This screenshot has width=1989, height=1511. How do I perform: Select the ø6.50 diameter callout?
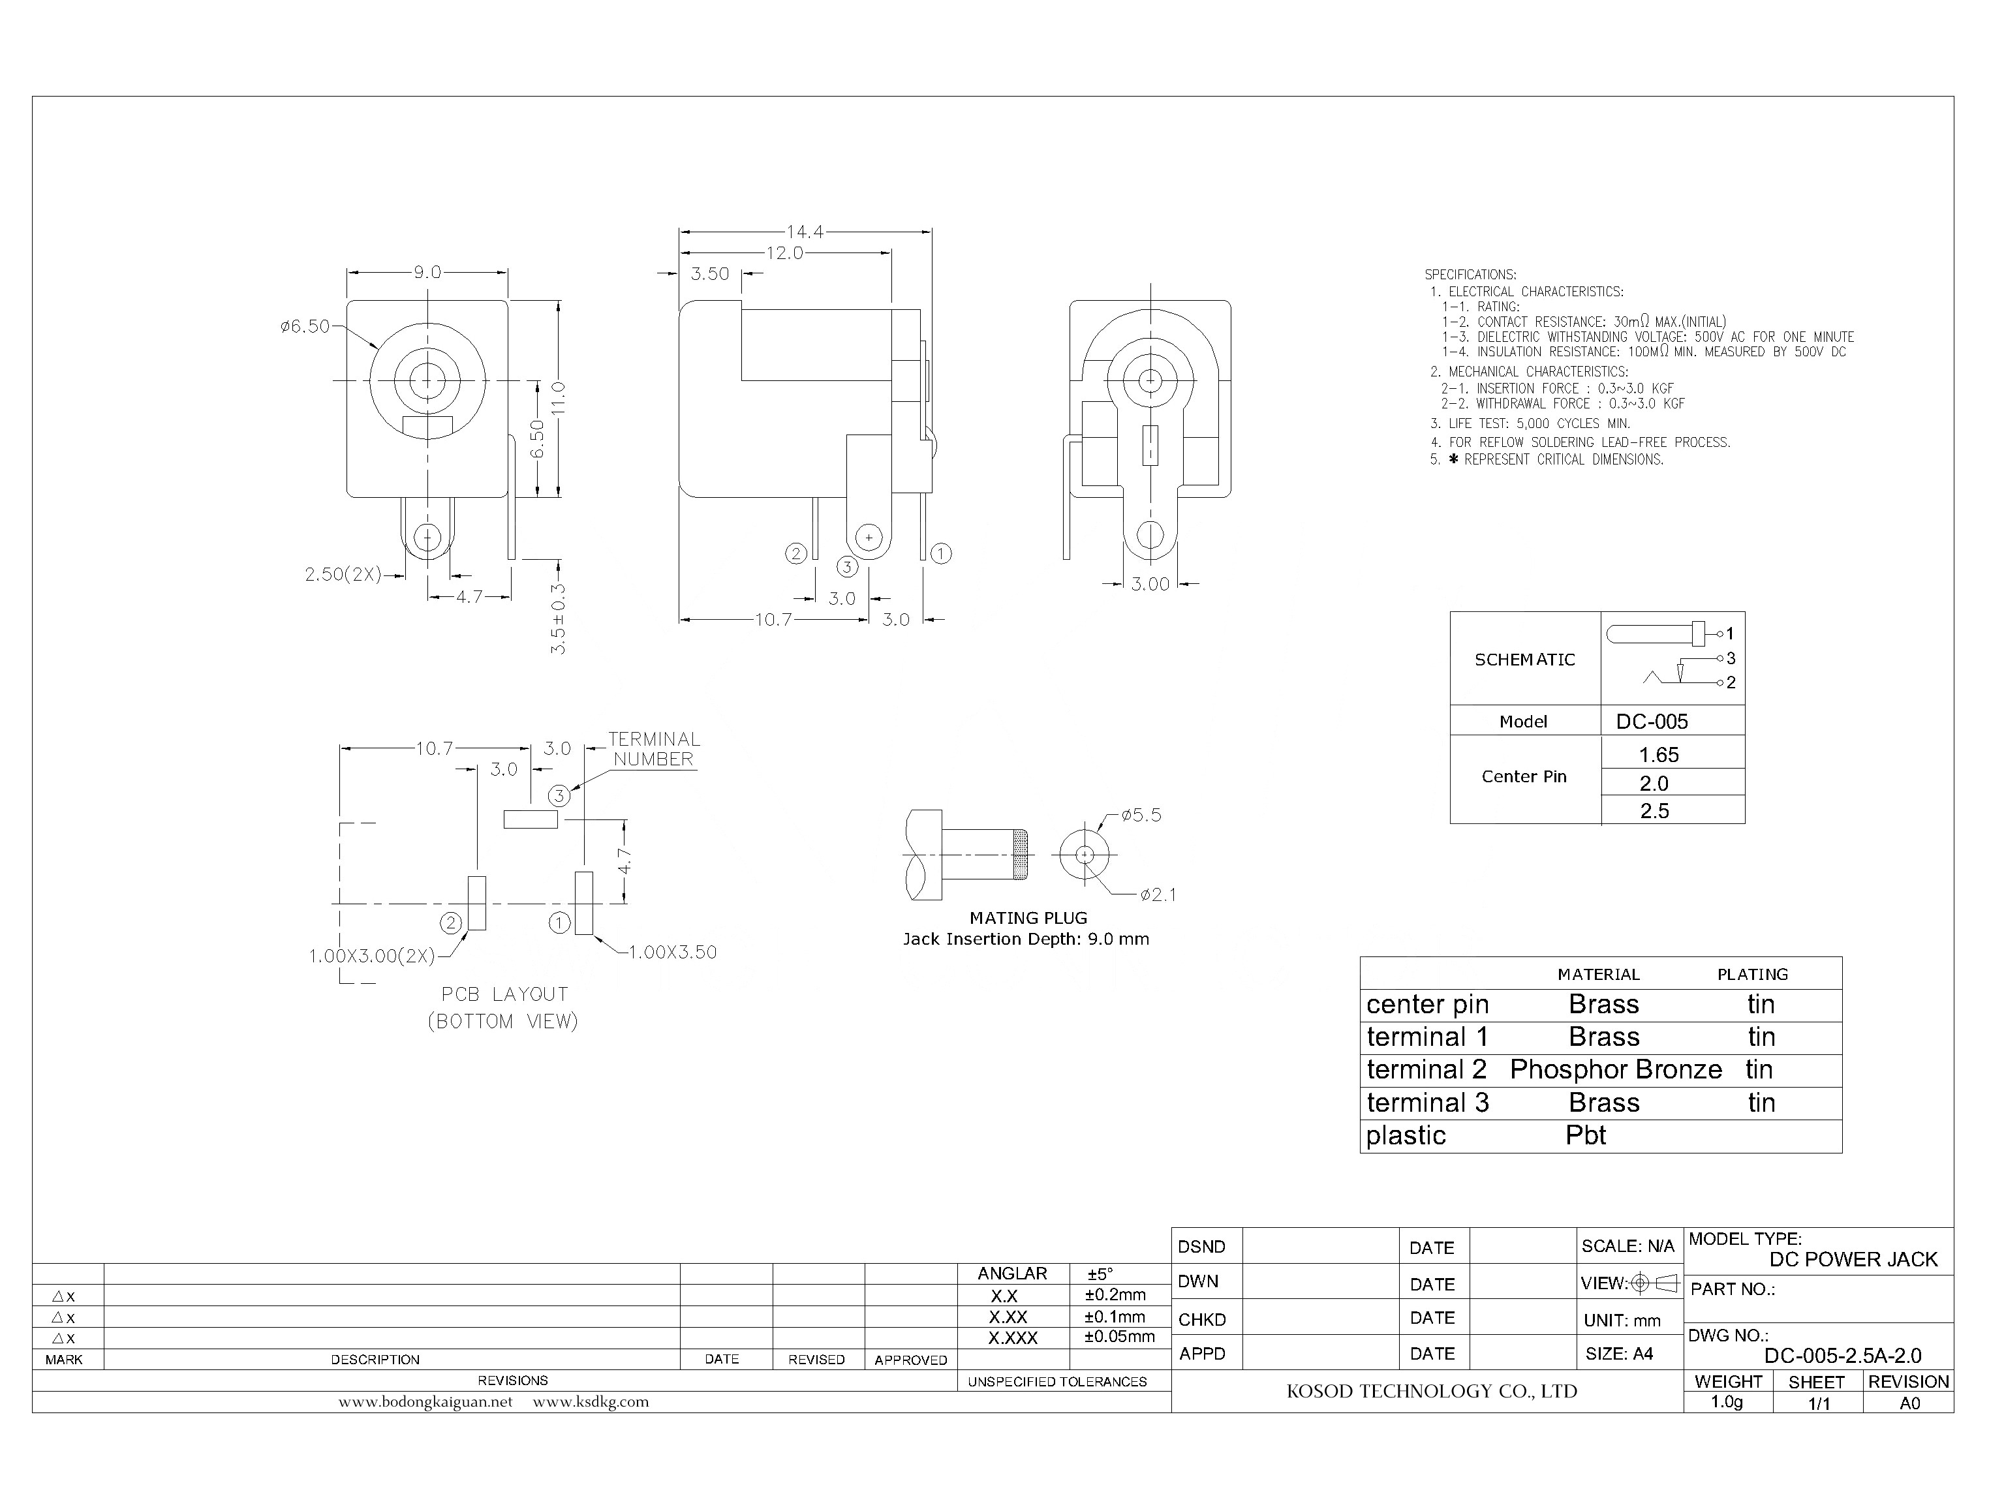pos(305,326)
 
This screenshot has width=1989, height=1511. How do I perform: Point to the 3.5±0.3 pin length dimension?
pos(558,618)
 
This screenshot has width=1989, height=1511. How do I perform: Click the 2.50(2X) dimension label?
pos(343,575)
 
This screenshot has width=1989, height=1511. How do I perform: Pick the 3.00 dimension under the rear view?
pos(1150,585)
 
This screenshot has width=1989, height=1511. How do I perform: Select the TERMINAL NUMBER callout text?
pos(653,749)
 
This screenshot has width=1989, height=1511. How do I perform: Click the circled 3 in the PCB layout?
pos(559,796)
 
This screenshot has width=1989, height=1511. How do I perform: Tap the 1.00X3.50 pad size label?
pos(672,953)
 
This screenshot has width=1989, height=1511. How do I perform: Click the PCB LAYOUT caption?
pos(504,995)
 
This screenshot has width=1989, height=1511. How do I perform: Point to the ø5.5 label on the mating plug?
pos(1141,816)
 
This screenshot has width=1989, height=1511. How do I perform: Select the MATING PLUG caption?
pos(1028,919)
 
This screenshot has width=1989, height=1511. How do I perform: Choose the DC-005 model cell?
pos(1652,722)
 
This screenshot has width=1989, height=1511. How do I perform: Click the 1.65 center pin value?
pos(1659,755)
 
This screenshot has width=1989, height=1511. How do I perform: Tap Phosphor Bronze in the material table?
pos(1616,1069)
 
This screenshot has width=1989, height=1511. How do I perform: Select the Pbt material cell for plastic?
pos(1585,1135)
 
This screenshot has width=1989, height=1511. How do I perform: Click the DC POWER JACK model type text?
pos(1853,1259)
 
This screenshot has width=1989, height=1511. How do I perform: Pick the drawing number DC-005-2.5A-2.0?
pos(1842,1356)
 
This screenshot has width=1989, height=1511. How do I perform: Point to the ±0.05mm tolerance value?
pos(1119,1337)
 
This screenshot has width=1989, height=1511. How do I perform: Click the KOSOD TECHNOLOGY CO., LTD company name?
pos(1431,1392)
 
